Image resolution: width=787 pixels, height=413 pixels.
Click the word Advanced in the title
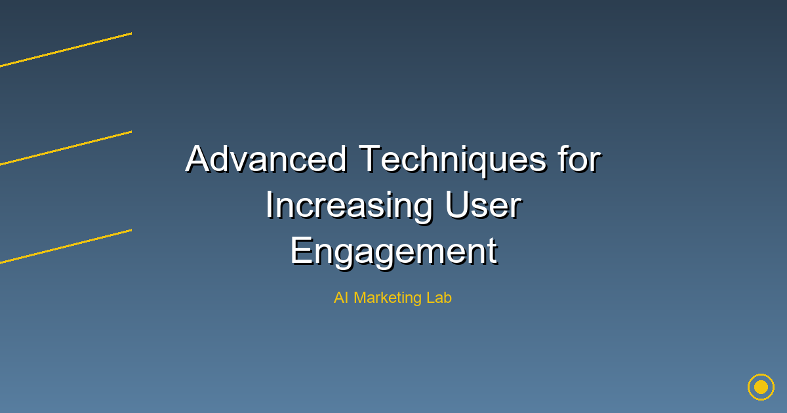(267, 159)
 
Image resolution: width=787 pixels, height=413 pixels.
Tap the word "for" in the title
(580, 159)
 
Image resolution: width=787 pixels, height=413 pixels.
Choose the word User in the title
(483, 205)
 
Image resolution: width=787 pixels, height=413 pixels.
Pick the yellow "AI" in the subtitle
(341, 298)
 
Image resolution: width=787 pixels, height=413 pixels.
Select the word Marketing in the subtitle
(388, 298)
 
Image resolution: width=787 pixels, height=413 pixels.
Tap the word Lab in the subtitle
(439, 298)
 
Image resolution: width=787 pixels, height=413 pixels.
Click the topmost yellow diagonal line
(66, 50)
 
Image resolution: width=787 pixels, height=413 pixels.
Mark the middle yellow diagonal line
(66, 148)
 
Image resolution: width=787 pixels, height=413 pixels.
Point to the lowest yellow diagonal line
(66, 246)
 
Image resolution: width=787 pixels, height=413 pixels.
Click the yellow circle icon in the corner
(761, 387)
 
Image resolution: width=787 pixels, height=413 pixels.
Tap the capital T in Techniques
(370, 159)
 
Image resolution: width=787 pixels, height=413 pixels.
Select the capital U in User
(457, 205)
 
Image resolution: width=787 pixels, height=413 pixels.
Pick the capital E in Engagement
(302, 250)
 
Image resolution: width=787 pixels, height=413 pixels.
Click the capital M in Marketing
(361, 298)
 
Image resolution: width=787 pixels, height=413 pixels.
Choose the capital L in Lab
(431, 298)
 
